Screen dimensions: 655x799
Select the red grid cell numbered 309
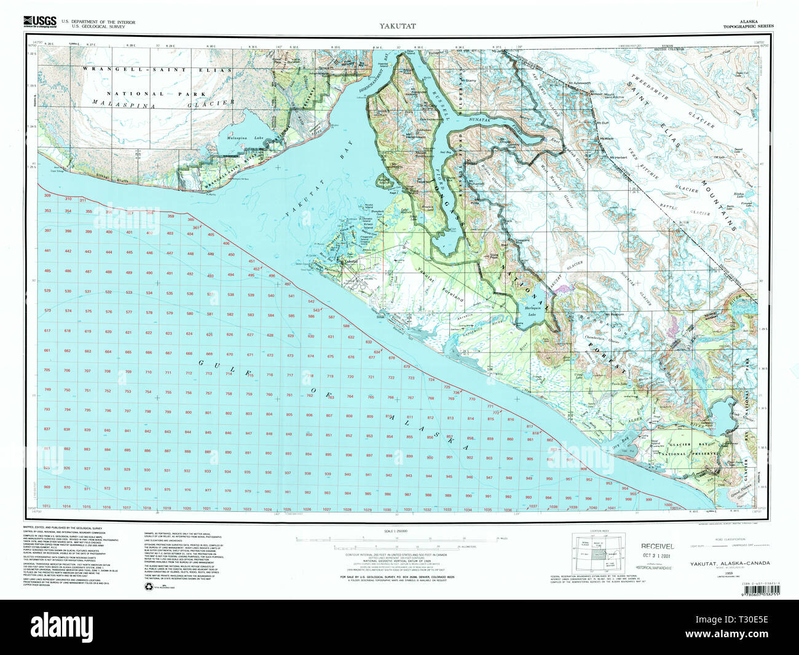47,196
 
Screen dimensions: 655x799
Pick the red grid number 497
288,284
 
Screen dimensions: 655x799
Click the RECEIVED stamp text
658,546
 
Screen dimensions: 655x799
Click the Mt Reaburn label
613,314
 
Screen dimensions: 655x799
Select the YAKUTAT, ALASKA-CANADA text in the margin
730,564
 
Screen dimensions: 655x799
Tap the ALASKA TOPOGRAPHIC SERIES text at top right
748,23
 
